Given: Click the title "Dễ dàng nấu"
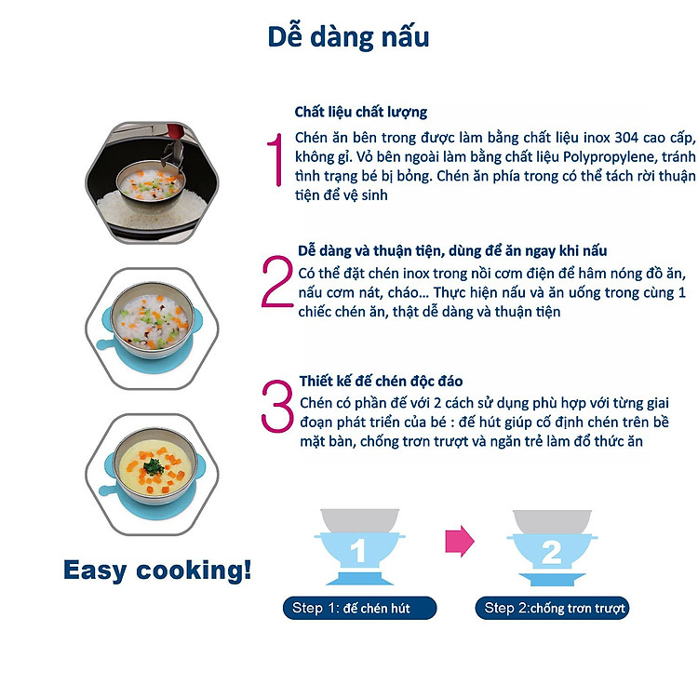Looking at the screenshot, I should (x=348, y=37).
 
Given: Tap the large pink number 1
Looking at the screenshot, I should (x=275, y=161).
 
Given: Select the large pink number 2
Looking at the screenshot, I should (x=276, y=282).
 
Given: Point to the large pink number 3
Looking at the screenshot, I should (x=276, y=405).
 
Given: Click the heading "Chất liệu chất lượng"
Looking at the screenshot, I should (x=361, y=112).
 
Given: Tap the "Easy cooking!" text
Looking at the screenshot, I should (x=157, y=570).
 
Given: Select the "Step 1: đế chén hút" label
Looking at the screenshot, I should (x=359, y=610).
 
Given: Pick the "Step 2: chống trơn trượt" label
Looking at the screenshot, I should (x=552, y=610).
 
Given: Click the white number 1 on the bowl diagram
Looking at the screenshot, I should (x=358, y=553).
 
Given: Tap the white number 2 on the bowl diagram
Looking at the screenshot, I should (x=550, y=553).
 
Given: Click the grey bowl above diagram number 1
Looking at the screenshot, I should (x=358, y=519).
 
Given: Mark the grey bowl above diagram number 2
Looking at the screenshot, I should (x=550, y=519).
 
